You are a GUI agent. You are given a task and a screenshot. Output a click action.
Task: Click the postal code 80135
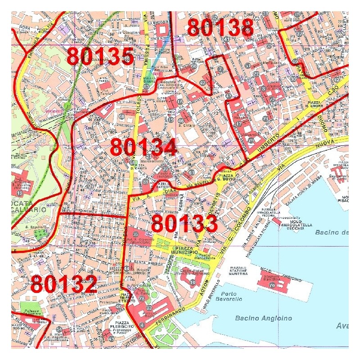(100, 57)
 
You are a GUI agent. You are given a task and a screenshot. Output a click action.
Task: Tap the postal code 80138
(220, 27)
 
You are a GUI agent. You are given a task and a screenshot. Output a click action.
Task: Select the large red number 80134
(144, 147)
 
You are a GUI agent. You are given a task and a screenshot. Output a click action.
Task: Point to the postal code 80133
(184, 223)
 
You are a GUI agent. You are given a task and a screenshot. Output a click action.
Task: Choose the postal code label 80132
(64, 284)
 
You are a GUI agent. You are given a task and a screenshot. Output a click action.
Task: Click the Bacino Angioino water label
(263, 318)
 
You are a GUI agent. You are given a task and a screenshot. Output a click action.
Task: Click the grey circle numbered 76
(272, 285)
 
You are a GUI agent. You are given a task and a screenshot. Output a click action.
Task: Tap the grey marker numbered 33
(148, 308)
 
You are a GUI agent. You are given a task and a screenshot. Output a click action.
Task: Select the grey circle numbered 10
(193, 282)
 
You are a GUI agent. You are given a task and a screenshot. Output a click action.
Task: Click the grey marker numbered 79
(251, 141)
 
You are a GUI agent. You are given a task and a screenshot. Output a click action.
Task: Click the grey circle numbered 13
(19, 193)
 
